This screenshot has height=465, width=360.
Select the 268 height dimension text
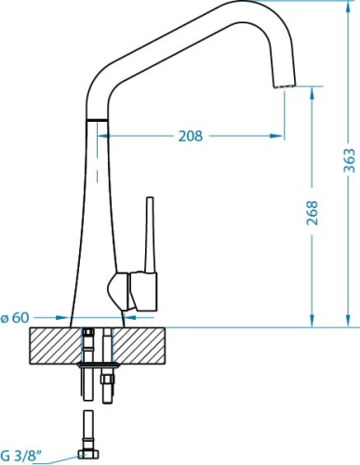313,213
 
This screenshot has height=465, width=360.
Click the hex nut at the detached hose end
88,454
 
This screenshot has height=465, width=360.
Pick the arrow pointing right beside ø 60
65,319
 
